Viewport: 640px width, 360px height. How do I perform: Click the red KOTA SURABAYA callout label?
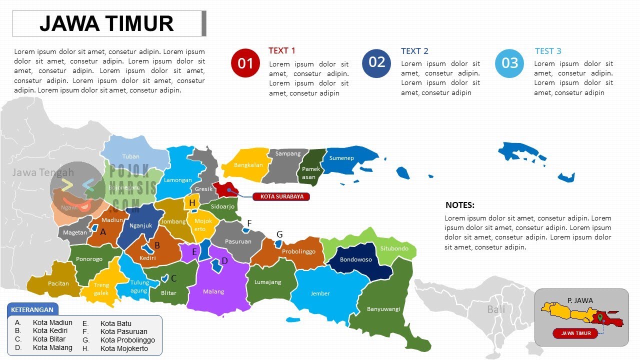(281, 196)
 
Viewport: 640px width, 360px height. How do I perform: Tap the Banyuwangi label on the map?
(383, 309)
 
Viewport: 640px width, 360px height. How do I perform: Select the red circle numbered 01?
(245, 63)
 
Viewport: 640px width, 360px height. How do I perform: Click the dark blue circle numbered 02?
(376, 62)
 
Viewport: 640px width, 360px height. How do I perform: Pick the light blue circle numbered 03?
(509, 63)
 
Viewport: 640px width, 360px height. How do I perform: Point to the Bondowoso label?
(356, 259)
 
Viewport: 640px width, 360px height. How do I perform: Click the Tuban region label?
(131, 156)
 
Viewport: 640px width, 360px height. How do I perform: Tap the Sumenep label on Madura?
(341, 158)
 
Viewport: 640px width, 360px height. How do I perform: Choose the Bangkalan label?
(248, 165)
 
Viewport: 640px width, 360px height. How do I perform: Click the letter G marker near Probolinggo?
(279, 234)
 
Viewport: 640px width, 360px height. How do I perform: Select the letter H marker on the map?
(192, 203)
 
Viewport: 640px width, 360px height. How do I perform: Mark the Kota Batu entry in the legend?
(115, 323)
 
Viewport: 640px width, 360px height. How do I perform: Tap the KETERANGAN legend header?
(32, 309)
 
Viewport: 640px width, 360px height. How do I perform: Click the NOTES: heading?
(460, 205)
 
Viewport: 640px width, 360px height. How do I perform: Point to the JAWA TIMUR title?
(106, 23)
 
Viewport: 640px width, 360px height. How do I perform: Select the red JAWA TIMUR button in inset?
(575, 333)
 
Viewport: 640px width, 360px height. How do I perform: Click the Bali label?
(496, 309)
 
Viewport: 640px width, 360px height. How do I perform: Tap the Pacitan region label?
(58, 283)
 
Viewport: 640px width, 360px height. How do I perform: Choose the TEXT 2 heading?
(414, 51)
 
